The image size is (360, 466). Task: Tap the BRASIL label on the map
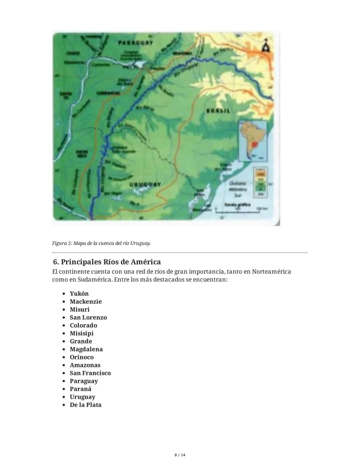(x=218, y=111)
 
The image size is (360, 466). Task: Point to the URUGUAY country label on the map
(x=145, y=184)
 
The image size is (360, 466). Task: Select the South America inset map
(x=252, y=141)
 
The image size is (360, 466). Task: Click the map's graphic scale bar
(x=237, y=209)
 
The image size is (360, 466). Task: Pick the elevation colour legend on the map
(x=260, y=181)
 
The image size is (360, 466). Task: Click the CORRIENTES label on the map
(x=108, y=93)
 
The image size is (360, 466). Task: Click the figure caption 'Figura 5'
(x=101, y=243)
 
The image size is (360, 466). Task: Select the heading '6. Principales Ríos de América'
(x=107, y=262)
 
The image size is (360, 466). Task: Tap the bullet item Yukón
(x=79, y=294)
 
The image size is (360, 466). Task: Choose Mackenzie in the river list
(x=86, y=302)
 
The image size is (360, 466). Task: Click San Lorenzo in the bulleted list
(x=88, y=318)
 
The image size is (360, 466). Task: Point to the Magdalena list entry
(x=86, y=349)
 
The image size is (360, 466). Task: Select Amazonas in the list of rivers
(x=85, y=365)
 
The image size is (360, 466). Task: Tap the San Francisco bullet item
(x=90, y=373)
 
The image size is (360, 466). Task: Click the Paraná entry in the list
(x=80, y=389)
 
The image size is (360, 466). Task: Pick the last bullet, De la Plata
(x=86, y=405)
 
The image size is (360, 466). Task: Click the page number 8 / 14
(x=180, y=455)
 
